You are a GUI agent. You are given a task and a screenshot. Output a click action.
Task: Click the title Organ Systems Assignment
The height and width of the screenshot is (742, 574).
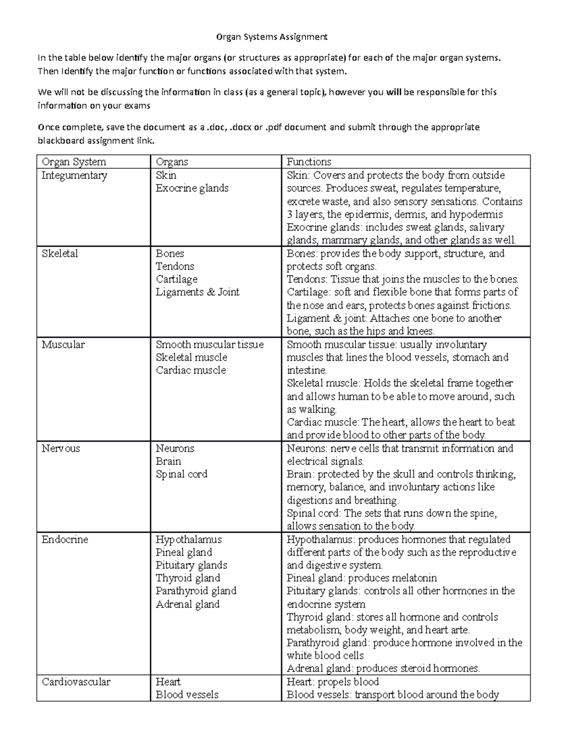272,37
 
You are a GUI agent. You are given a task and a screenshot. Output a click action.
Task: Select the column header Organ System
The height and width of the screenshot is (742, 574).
74,162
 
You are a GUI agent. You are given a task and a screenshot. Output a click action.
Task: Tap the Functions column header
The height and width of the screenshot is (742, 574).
309,162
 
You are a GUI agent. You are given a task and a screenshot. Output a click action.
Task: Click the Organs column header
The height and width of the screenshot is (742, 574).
172,162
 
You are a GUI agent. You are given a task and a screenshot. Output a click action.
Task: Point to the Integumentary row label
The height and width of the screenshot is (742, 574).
74,175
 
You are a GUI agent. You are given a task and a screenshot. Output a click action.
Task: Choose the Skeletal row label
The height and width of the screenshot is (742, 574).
59,253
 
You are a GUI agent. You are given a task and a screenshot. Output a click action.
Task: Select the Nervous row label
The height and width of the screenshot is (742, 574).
61,448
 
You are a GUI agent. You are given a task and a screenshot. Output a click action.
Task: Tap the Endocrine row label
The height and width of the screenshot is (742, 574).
65,539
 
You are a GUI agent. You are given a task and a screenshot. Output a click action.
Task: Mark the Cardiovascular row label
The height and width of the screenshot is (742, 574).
76,682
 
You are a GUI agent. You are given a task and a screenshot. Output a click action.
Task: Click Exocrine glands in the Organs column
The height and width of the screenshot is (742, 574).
192,188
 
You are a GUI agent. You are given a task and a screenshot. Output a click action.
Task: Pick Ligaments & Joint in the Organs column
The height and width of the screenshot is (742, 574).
198,292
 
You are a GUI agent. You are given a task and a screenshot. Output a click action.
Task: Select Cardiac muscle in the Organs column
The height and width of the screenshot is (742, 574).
191,370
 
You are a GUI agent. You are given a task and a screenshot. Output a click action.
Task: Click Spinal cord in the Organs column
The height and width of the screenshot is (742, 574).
182,474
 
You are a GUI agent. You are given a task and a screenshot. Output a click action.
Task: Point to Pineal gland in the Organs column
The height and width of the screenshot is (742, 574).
184,552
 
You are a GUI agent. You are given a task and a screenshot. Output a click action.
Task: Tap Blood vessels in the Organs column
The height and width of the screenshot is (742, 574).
187,695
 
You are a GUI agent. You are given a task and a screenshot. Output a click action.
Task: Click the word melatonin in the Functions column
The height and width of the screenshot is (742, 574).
413,578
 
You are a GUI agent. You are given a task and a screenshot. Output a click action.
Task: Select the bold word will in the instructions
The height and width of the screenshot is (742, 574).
394,92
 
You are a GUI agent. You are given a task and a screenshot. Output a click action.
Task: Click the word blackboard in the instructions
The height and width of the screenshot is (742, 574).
60,141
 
